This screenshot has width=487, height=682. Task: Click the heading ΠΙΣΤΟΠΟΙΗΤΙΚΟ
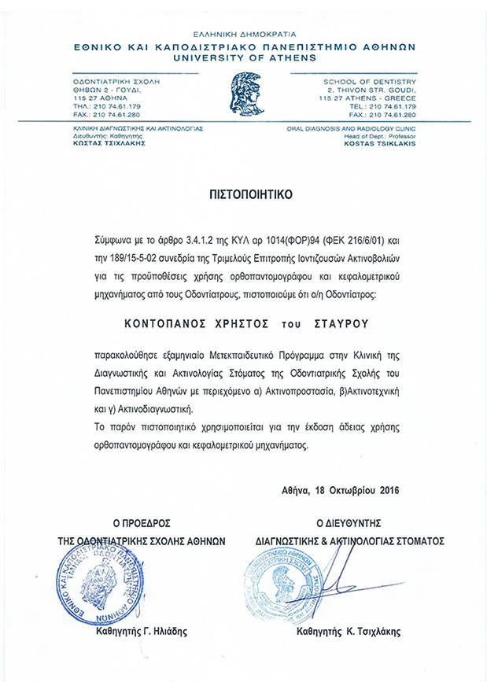(x=242, y=191)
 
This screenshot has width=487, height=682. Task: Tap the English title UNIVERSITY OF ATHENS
(x=243, y=57)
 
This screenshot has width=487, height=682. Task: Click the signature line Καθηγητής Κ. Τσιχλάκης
(x=349, y=631)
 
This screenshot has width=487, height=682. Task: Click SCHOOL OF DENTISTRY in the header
(x=370, y=81)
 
